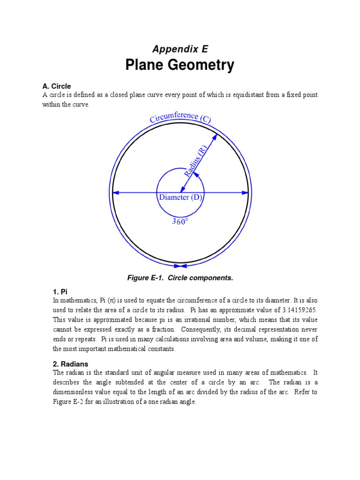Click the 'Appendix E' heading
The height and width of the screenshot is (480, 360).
pos(180,49)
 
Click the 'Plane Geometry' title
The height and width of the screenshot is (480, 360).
pos(180,65)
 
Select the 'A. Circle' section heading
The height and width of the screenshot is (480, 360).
pos(57,86)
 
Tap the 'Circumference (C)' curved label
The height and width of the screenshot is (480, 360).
pos(180,117)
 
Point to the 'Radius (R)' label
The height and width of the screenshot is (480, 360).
pos(196,161)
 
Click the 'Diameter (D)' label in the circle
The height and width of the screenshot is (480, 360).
pos(180,197)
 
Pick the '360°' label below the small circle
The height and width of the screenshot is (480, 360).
pos(180,222)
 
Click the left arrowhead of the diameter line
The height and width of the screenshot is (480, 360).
pos(116,192)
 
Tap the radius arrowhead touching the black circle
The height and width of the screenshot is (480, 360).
pos(215,137)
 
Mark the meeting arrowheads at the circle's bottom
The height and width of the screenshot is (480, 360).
pos(180,266)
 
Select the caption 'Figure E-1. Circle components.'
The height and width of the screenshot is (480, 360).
pos(180,278)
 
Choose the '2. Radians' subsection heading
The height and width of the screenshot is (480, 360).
pos(70,364)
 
